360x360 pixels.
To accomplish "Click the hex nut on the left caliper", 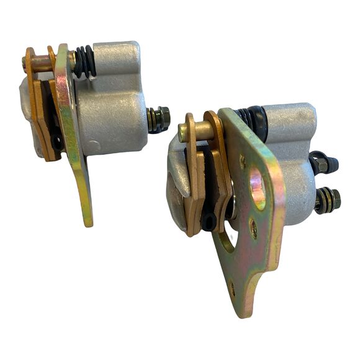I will [162, 117].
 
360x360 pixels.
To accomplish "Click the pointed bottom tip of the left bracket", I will [89, 220].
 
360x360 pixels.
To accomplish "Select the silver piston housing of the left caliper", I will [112, 118].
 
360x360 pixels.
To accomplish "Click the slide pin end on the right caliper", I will [184, 132].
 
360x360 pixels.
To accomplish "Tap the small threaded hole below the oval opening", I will [253, 230].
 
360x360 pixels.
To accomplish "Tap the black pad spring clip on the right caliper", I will [210, 211].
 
